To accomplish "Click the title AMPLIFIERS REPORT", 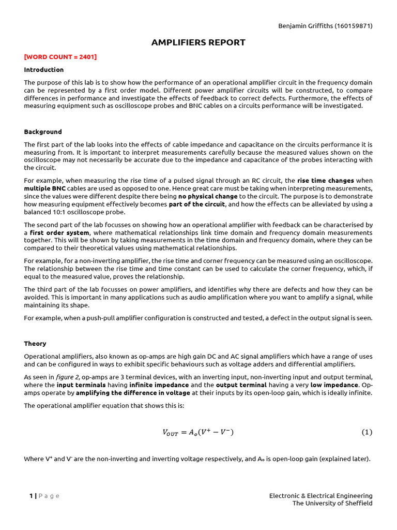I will [198, 42].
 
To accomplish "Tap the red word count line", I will [60, 57].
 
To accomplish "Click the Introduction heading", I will [44, 70].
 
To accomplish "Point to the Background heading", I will [43, 132].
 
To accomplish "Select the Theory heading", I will [35, 344].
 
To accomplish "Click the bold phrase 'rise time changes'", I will [326, 181].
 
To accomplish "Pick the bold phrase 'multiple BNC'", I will [45, 188].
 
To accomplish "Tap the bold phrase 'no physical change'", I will [208, 196].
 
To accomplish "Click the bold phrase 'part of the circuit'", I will [197, 204].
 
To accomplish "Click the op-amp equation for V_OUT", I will [198, 433].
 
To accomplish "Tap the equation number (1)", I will [367, 433].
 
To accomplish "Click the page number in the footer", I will [31, 496].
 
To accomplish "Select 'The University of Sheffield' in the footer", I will [332, 503].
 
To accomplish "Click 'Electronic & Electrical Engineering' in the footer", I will [320, 496].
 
